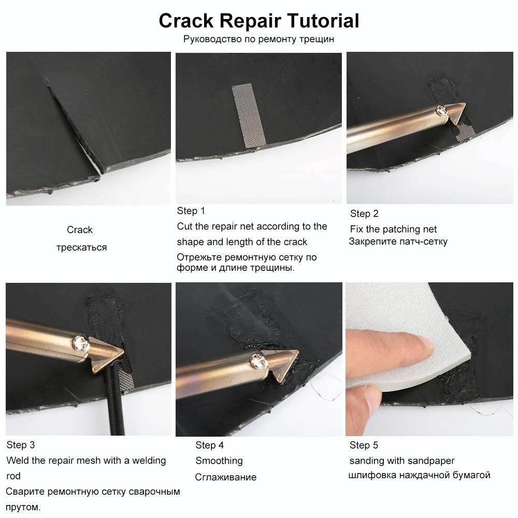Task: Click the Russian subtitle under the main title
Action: pyautogui.click(x=258, y=39)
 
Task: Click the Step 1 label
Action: pyautogui.click(x=191, y=211)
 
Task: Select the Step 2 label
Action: pyautogui.click(x=364, y=213)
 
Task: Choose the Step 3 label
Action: pyautogui.click(x=21, y=445)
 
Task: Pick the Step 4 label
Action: pyautogui.click(x=209, y=445)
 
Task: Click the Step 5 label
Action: pyautogui.click(x=364, y=445)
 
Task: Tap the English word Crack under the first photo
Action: pyautogui.click(x=80, y=230)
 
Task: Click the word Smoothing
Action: pyautogui.click(x=219, y=461)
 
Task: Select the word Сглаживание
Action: pyautogui.click(x=225, y=478)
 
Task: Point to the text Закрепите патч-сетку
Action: pyautogui.click(x=398, y=241)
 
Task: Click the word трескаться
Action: pyautogui.click(x=81, y=248)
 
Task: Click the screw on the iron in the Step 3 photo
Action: pyautogui.click(x=80, y=341)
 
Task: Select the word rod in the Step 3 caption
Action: pyautogui.click(x=13, y=476)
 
